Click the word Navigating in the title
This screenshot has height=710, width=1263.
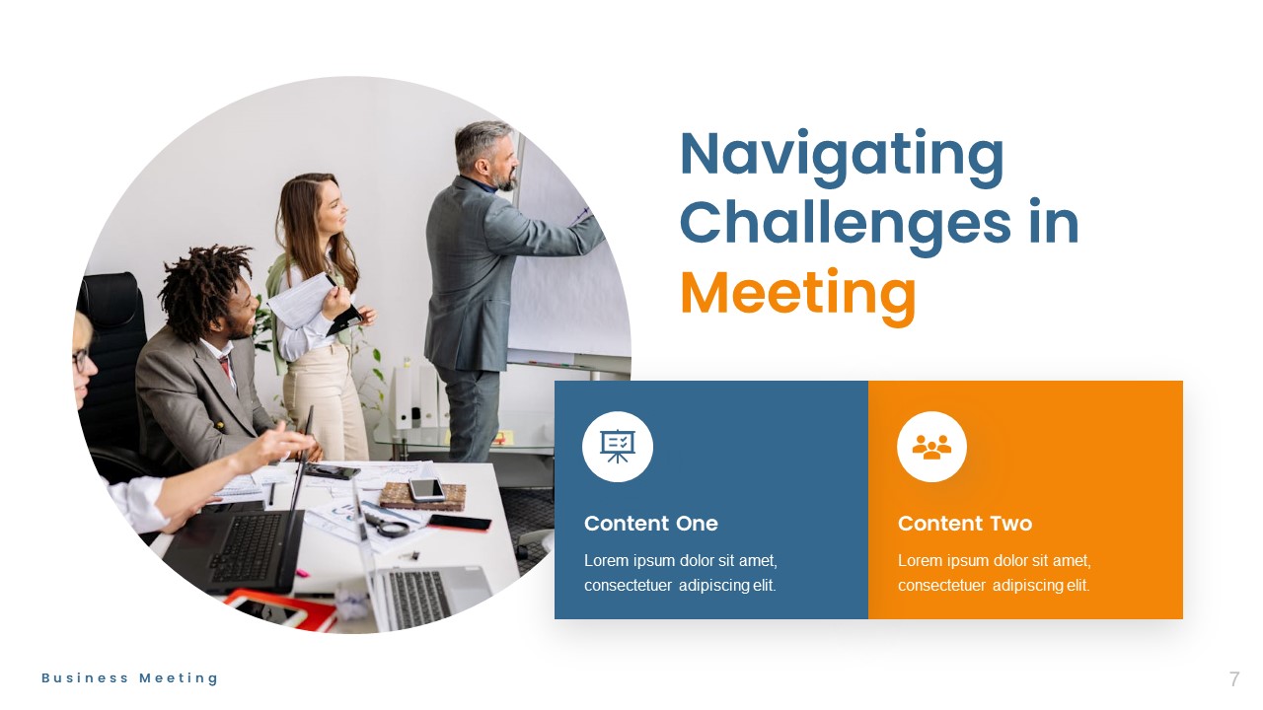(842, 156)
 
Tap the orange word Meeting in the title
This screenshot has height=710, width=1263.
(797, 293)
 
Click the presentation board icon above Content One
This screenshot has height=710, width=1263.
(618, 447)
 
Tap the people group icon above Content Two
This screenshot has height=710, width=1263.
(931, 447)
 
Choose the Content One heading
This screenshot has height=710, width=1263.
(650, 524)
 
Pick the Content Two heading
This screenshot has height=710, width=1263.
(964, 524)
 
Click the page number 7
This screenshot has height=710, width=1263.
(1233, 679)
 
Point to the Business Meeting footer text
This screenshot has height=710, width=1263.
(129, 678)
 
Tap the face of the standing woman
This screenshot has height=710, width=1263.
(330, 206)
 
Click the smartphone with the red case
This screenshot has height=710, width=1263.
(458, 522)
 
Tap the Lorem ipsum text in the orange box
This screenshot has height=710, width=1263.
(994, 573)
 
